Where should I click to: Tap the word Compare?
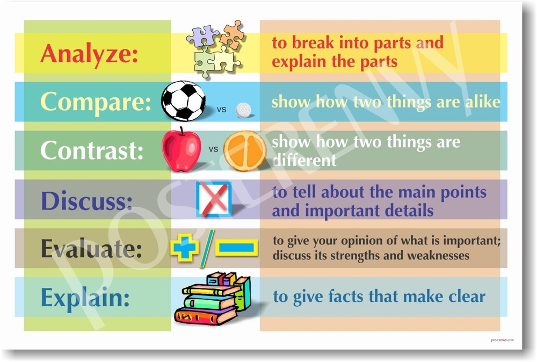(96, 101)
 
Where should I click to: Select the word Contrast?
(91, 150)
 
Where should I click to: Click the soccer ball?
(183, 101)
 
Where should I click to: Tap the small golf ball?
(244, 110)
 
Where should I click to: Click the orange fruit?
(245, 151)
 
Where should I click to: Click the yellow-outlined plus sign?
(184, 248)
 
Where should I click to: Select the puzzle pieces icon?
(215, 48)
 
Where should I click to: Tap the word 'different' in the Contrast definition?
(304, 160)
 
